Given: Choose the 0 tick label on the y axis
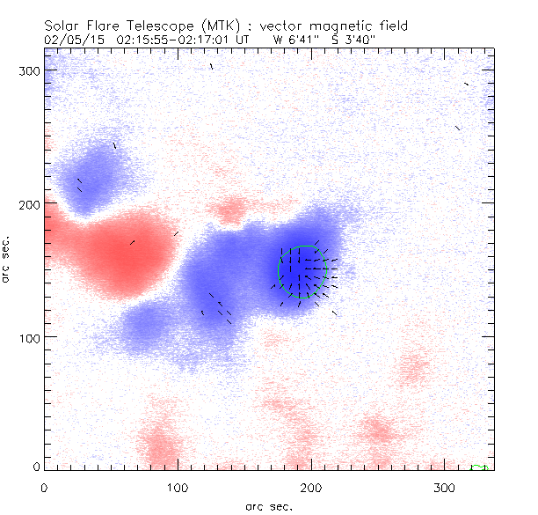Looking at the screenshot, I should (36, 466).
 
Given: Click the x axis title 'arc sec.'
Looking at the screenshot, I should (269, 505).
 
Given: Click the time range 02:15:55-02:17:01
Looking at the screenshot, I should (177, 40).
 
